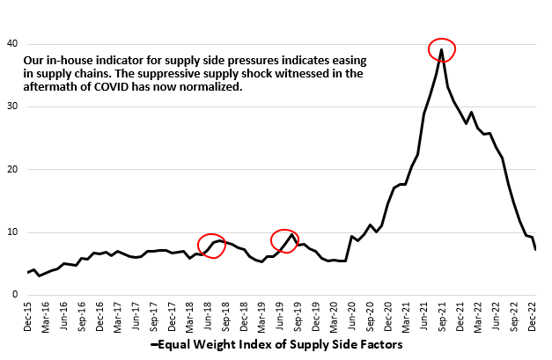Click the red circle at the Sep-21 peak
442,50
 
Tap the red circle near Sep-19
285,239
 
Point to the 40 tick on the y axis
13,44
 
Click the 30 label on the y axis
13,107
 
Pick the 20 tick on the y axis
13,170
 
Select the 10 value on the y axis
13,232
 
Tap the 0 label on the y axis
16,296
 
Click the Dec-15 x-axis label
31,314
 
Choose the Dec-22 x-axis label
534,314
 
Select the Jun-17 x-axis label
138,314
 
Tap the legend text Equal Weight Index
282,346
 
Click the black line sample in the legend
155,346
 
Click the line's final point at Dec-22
535,250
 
